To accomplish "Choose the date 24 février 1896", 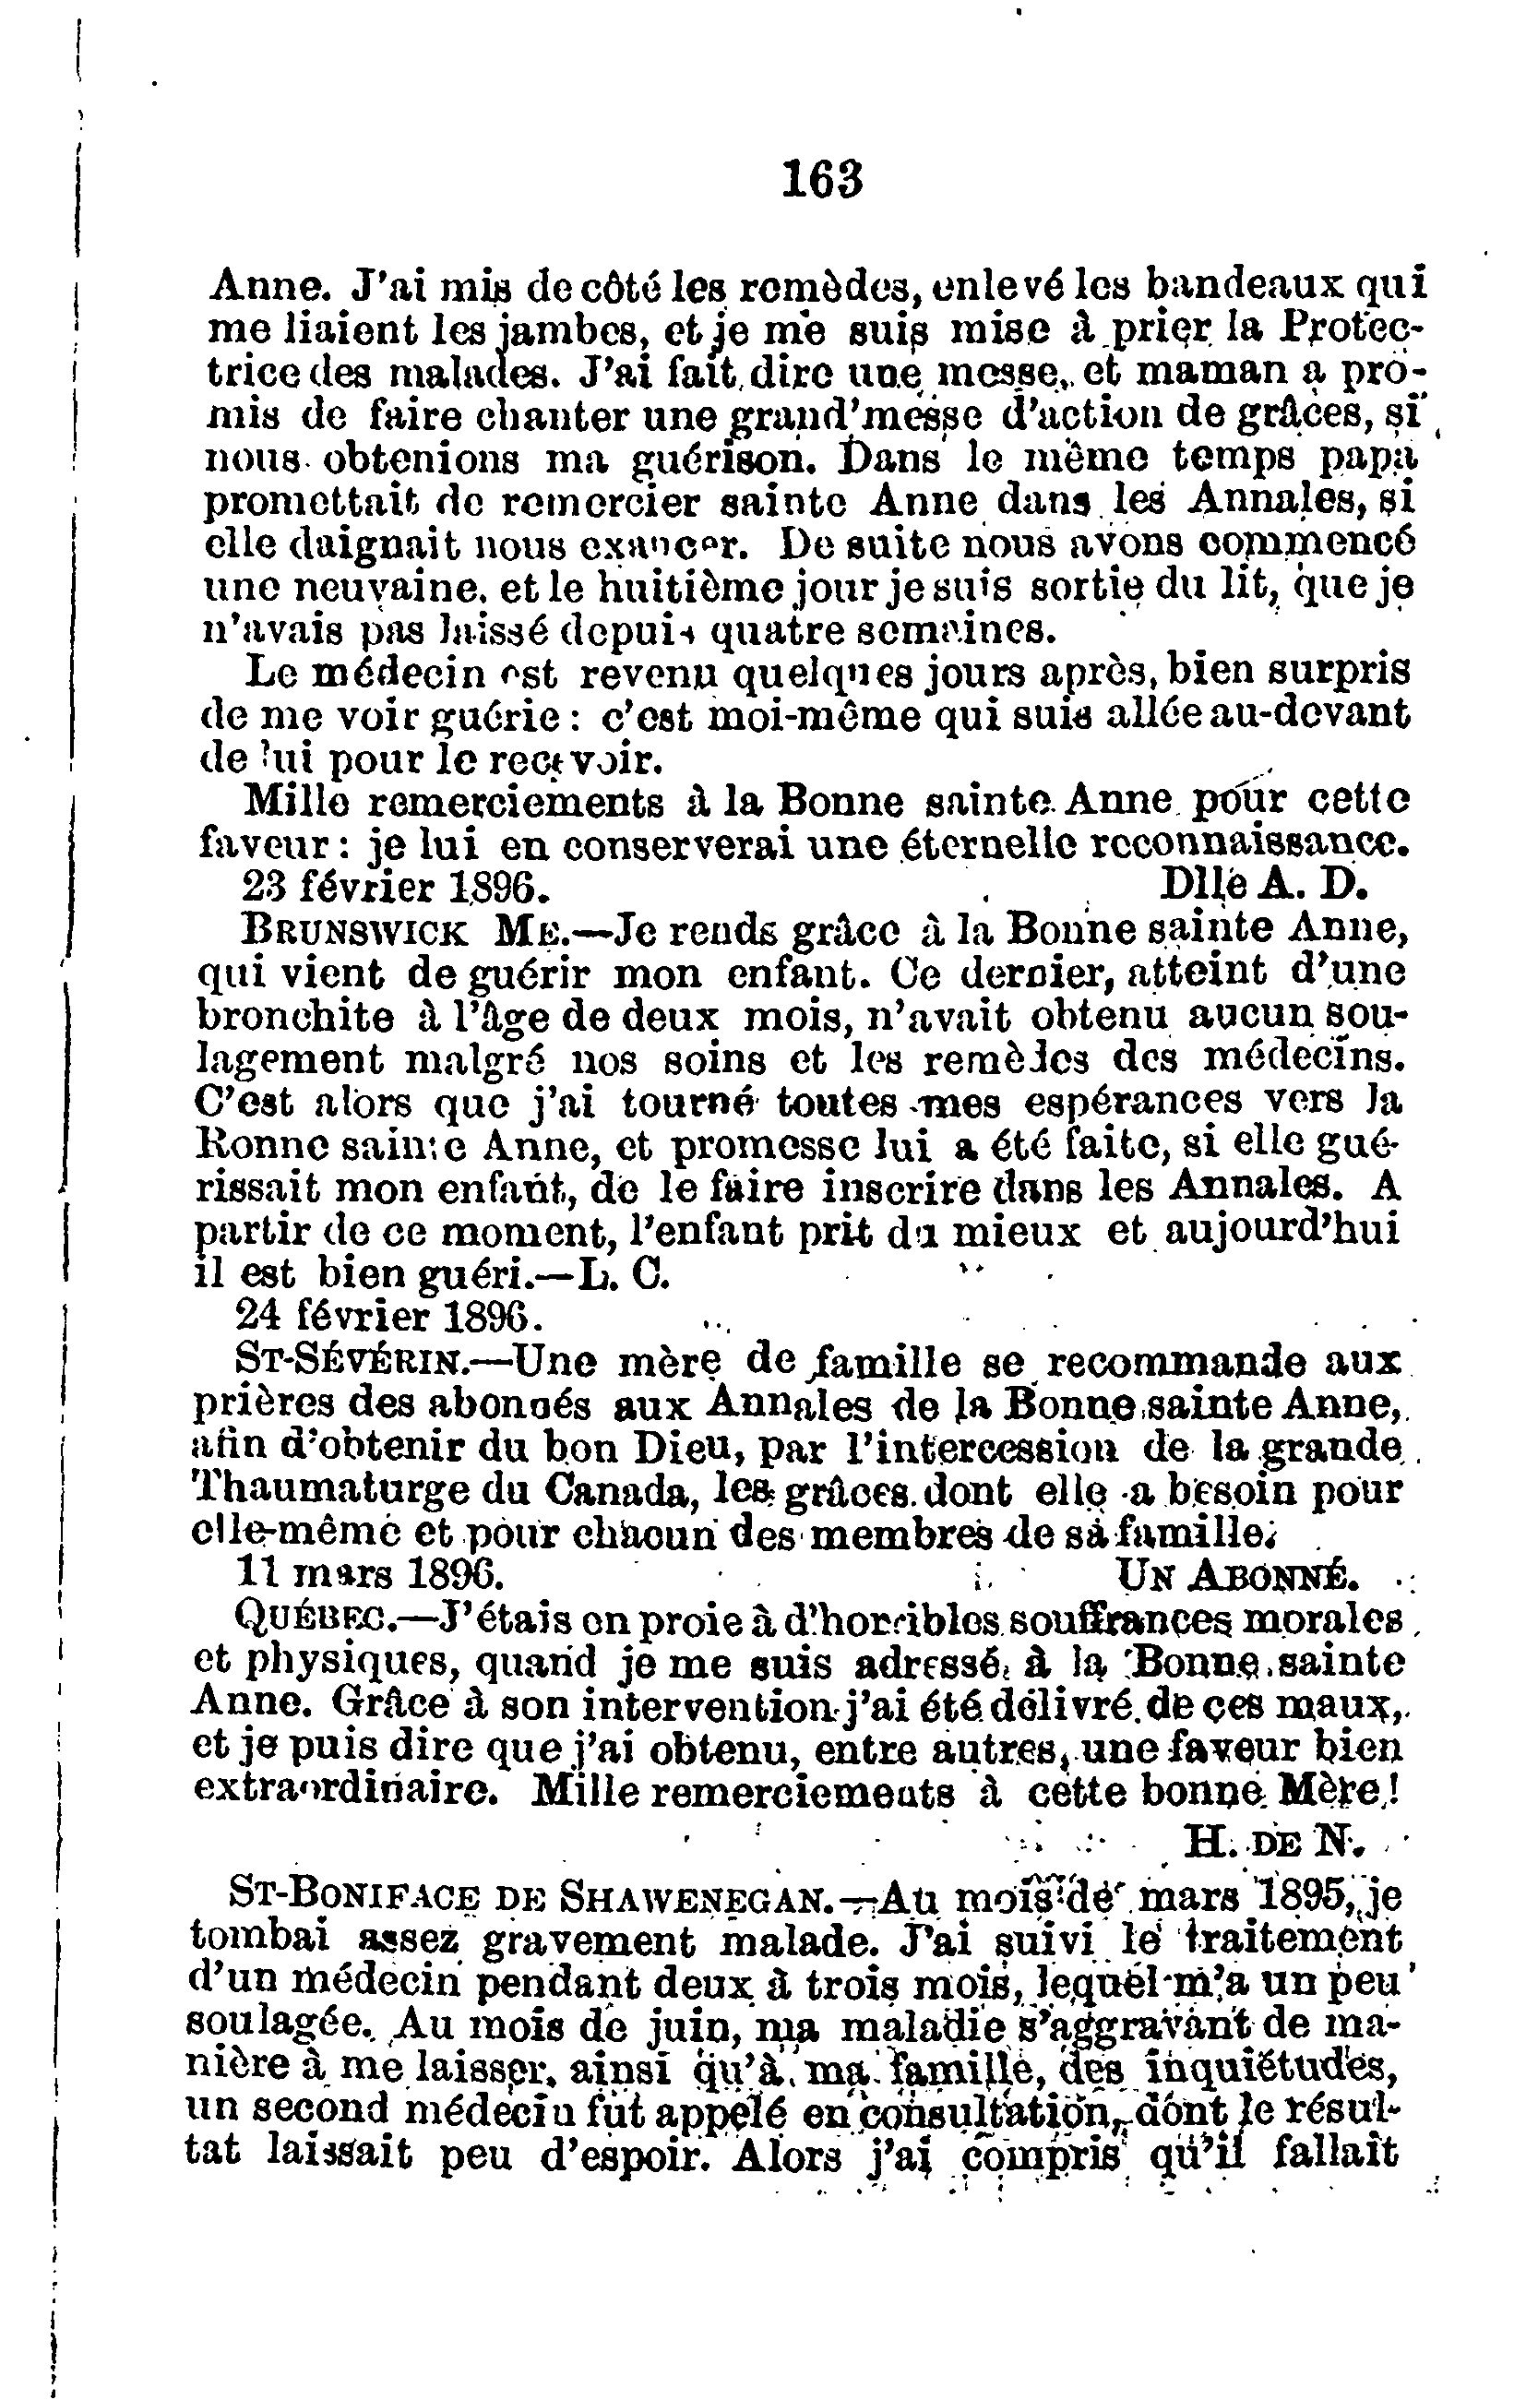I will point(389,1318).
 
